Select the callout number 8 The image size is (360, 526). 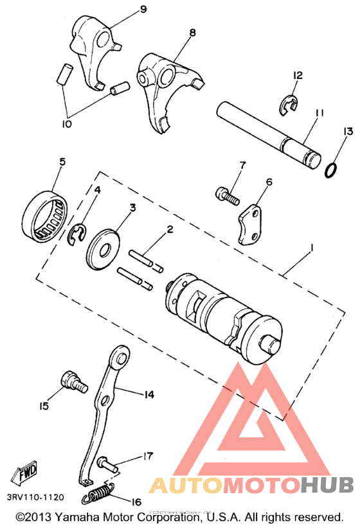[x=192, y=32]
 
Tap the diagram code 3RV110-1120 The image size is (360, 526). [x=35, y=498]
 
